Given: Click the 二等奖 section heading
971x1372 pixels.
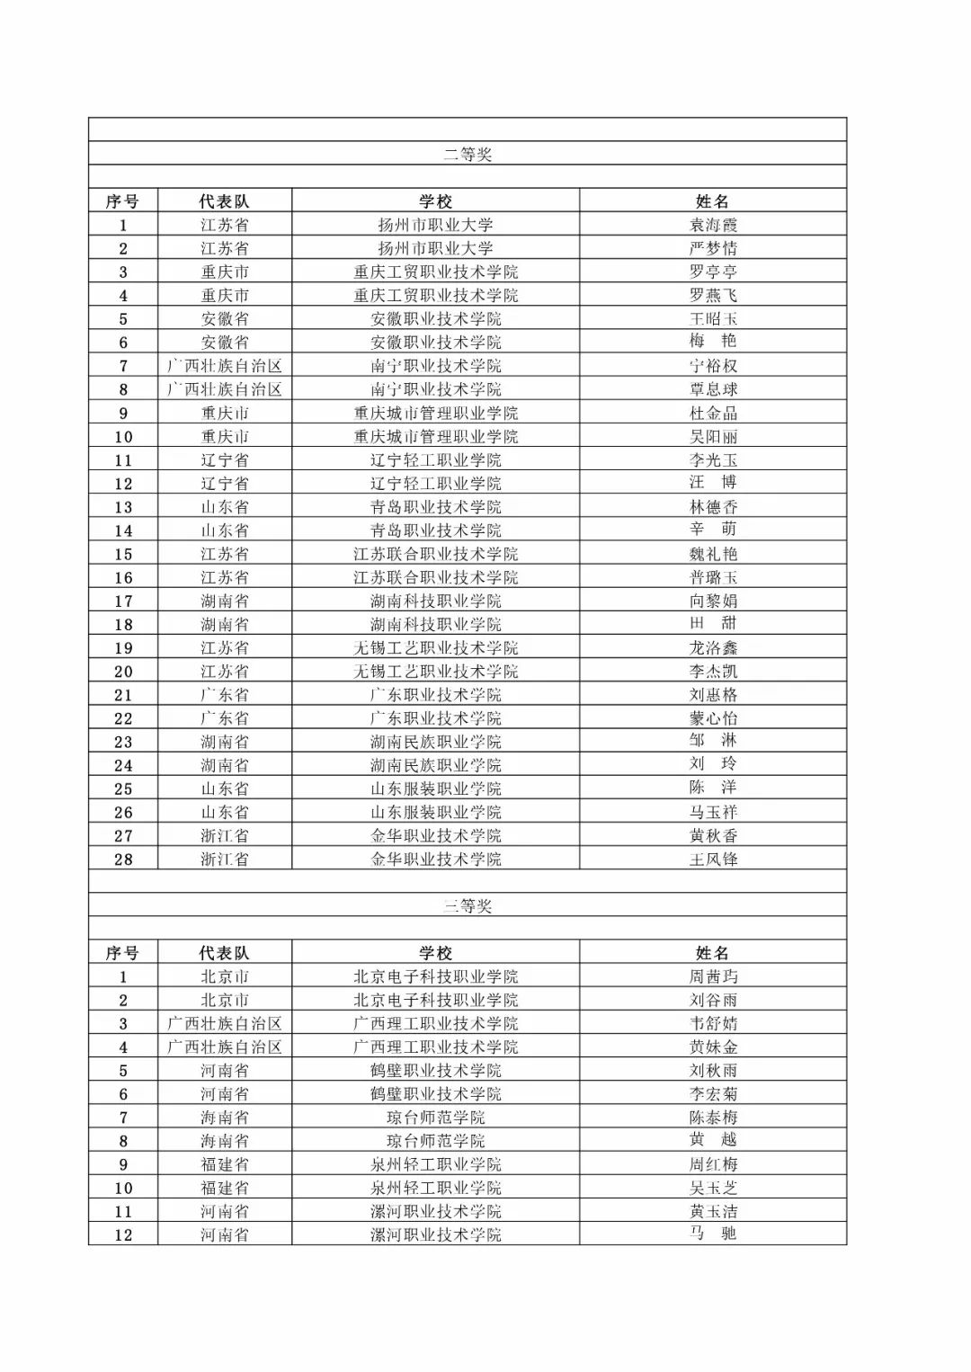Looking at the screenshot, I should pos(468,154).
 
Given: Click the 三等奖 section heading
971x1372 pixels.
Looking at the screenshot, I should pos(468,905).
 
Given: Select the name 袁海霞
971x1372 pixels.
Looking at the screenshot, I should pos(713,225).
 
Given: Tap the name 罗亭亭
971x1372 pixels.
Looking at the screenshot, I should pos(713,272).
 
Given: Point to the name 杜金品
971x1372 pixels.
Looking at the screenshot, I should pos(713,413).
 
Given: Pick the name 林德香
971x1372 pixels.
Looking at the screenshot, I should pos(713,507).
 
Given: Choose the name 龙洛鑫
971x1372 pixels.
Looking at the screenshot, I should pos(713,647).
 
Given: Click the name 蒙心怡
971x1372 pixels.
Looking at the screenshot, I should pos(713,718).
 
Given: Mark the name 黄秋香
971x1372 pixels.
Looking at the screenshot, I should pos(713,835).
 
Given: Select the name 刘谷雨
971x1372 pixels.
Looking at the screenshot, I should pos(713,1000).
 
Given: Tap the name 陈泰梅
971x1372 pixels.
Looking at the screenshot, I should pos(713,1118).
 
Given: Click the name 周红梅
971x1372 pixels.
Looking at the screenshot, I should pos(713,1164).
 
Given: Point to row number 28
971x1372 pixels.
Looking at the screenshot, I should pos(123,860).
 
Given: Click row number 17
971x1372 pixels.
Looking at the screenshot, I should pos(123,601).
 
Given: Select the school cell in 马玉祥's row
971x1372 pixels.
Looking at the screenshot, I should pos(436,812).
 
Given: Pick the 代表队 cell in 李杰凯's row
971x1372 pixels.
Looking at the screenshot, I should pos(225,672).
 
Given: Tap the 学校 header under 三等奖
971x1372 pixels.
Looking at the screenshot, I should pos(436,953).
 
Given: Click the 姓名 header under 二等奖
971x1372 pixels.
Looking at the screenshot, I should pos(713,201).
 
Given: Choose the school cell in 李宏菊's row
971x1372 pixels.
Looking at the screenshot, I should pos(436,1094).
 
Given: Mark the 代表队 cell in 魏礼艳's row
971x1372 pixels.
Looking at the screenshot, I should pos(225,554).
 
